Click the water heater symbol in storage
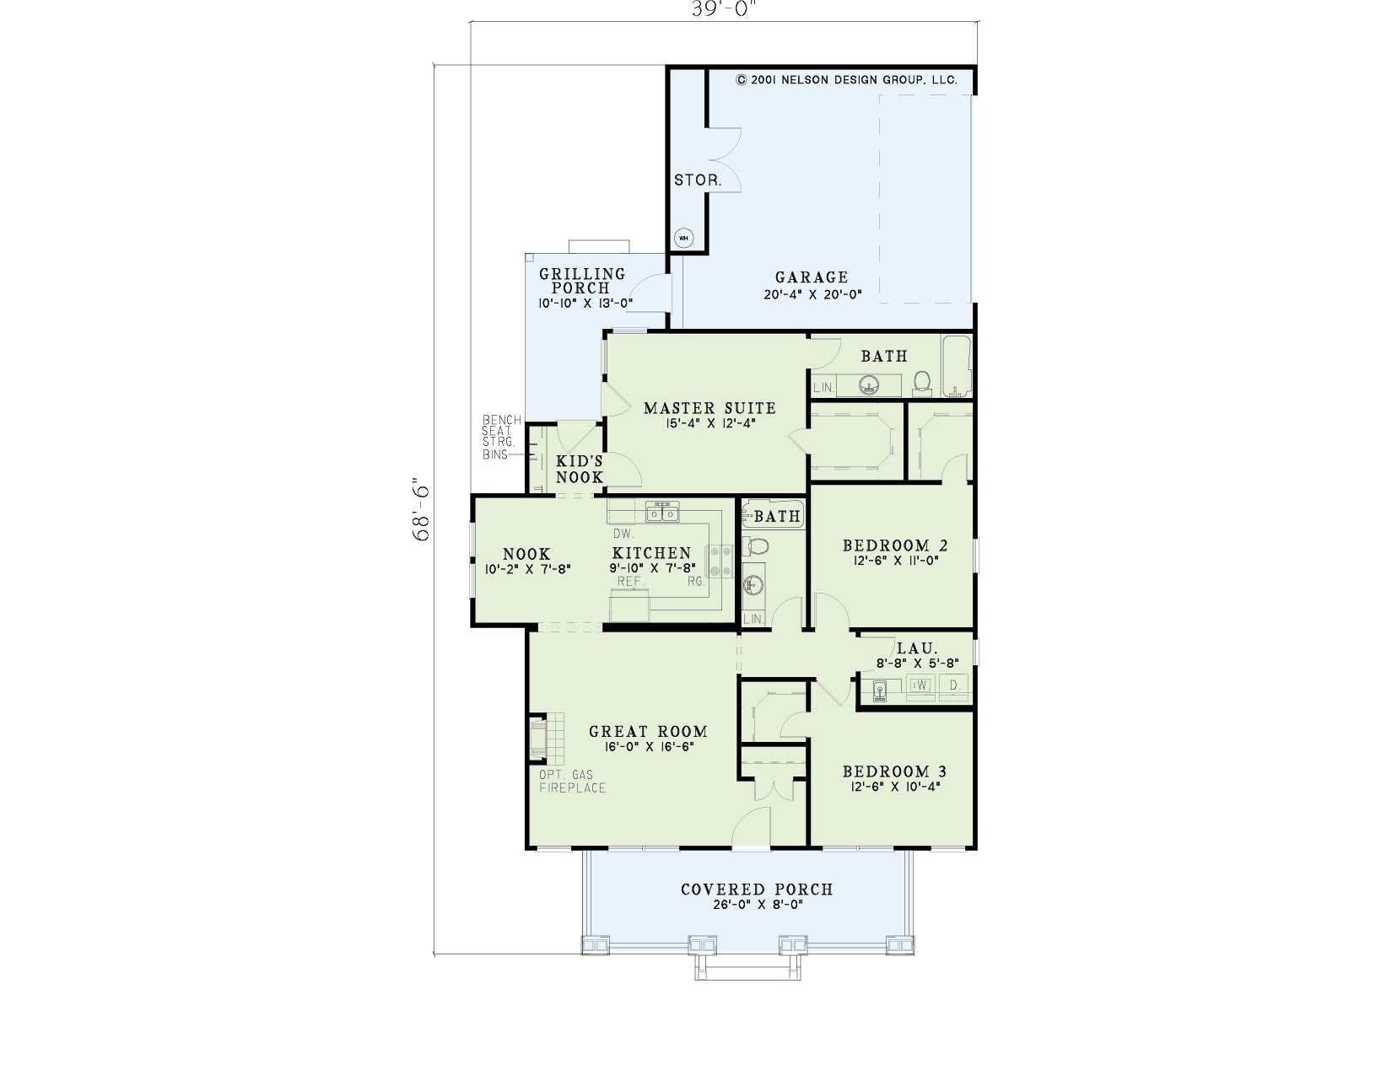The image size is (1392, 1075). pyautogui.click(x=684, y=238)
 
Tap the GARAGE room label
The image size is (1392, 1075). pyautogui.click(x=812, y=277)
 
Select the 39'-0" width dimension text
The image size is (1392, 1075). pyautogui.click(x=724, y=9)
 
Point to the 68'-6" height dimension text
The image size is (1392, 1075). pyautogui.click(x=421, y=509)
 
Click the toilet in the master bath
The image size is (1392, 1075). pyautogui.click(x=922, y=383)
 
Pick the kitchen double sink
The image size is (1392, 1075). pyautogui.click(x=662, y=513)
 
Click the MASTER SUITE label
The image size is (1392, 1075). pyautogui.click(x=709, y=408)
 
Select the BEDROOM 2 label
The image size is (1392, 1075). pyautogui.click(x=895, y=546)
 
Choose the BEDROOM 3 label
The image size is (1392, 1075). pyautogui.click(x=894, y=771)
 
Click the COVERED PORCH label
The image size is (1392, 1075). pyautogui.click(x=757, y=890)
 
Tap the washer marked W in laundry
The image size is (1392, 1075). pyautogui.click(x=921, y=685)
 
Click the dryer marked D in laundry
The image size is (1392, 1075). pyautogui.click(x=954, y=685)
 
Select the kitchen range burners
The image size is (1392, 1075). pyautogui.click(x=719, y=561)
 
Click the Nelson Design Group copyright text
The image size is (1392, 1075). pyautogui.click(x=846, y=80)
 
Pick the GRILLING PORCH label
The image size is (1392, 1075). pyautogui.click(x=581, y=281)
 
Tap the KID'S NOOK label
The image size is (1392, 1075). pyautogui.click(x=579, y=470)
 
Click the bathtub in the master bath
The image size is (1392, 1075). pyautogui.click(x=957, y=366)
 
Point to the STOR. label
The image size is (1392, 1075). pyautogui.click(x=698, y=180)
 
